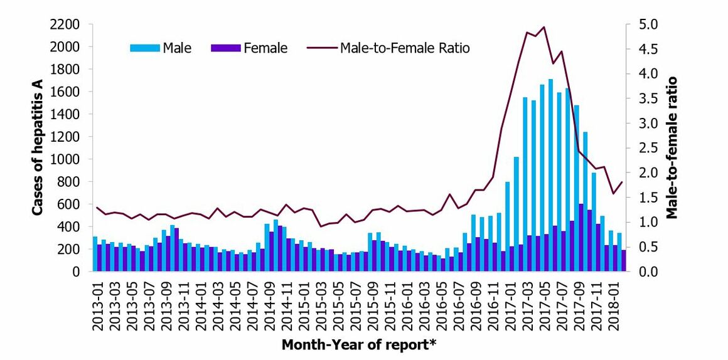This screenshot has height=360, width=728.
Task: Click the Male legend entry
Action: (162, 48)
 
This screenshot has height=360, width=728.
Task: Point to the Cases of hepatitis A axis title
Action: (38, 148)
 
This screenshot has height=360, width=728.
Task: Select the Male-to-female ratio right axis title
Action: (672, 148)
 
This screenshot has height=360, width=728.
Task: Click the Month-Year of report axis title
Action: (359, 344)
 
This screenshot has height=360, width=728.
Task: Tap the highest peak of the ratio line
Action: (543, 27)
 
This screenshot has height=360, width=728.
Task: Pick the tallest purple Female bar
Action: (581, 238)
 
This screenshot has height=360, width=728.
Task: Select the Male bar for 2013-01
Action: (95, 254)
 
